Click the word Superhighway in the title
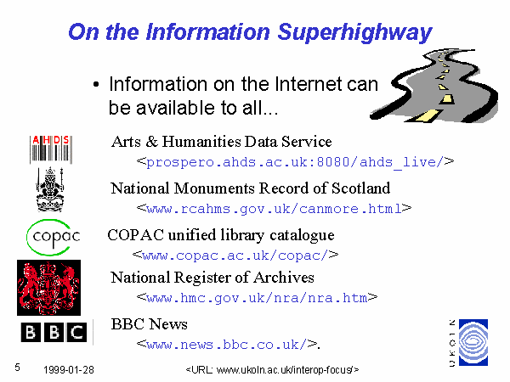(x=354, y=33)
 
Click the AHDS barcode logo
(x=51, y=149)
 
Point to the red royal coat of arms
(x=48, y=288)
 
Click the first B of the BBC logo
(x=31, y=332)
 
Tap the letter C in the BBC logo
(x=77, y=332)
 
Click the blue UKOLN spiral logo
(x=473, y=342)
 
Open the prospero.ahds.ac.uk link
(x=295, y=162)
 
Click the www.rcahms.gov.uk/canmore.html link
(x=275, y=209)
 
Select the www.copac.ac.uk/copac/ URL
(x=235, y=256)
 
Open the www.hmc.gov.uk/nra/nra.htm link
(x=257, y=298)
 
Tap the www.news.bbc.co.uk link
(x=227, y=345)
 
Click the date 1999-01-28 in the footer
(x=69, y=370)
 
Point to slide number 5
(x=17, y=368)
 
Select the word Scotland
(x=360, y=188)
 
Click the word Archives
(x=284, y=278)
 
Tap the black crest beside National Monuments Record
(x=50, y=189)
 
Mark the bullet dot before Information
(x=95, y=85)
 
